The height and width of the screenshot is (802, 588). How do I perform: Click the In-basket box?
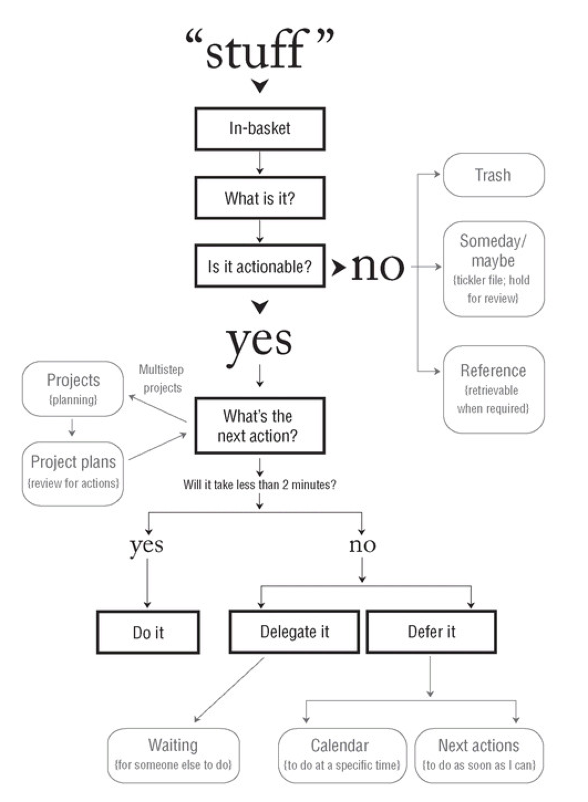click(260, 129)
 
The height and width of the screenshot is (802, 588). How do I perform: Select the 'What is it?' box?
click(260, 197)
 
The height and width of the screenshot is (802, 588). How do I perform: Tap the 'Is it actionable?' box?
click(260, 266)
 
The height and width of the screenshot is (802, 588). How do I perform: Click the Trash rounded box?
click(493, 175)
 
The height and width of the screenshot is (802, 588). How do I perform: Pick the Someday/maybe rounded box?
click(493, 269)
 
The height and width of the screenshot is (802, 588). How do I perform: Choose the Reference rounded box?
click(493, 389)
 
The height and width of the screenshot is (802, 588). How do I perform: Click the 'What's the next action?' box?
click(260, 426)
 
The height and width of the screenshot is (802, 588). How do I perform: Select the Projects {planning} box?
click(73, 388)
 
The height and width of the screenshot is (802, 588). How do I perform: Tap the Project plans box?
click(73, 473)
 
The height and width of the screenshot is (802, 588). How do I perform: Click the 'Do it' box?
click(148, 632)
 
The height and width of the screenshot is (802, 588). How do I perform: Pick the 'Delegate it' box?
click(294, 632)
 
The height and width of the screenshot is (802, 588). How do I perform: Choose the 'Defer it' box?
click(431, 632)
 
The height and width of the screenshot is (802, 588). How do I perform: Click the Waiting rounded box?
click(173, 756)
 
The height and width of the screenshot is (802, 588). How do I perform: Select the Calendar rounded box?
click(342, 756)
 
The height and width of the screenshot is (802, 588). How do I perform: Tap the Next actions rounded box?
click(479, 756)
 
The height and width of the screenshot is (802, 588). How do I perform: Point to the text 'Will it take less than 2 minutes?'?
click(260, 485)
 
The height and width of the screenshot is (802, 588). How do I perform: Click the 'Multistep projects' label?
click(161, 378)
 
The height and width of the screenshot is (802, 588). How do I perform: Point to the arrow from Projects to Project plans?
click(72, 428)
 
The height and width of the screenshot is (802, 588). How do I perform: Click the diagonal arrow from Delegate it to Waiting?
click(229, 690)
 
